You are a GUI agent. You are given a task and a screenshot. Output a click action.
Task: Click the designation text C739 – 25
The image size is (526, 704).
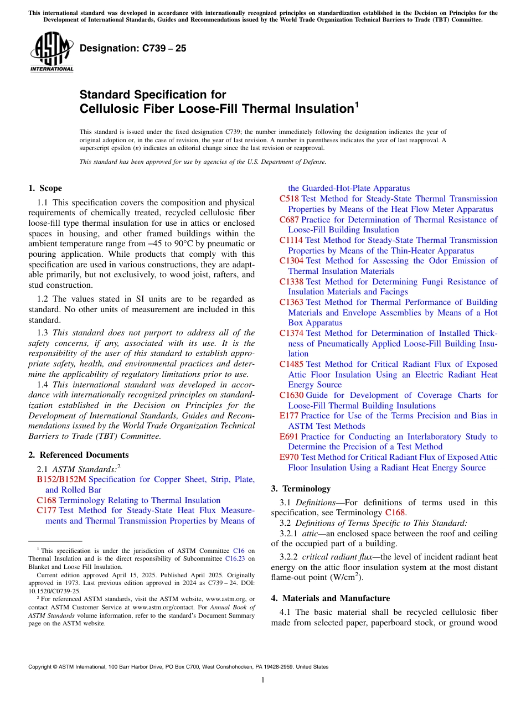[133, 49]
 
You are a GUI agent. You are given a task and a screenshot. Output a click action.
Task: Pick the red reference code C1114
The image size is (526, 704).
[291, 240]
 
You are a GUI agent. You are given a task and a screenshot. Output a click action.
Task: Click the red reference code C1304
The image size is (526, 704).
[291, 261]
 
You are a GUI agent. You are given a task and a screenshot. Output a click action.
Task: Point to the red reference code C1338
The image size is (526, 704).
[291, 282]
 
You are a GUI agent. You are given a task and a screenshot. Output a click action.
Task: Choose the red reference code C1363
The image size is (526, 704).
[291, 302]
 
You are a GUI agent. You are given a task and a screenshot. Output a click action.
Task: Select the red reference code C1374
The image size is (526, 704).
[291, 333]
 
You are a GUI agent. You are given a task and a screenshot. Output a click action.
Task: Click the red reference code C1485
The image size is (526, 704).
[291, 364]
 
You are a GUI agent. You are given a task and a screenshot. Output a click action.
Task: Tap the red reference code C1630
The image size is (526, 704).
[291, 395]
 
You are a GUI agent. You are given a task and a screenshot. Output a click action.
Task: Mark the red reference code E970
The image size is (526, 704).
[289, 457]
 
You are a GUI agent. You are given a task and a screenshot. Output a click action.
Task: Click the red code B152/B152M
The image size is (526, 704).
[61, 479]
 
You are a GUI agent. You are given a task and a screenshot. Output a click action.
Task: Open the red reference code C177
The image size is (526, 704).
[46, 510]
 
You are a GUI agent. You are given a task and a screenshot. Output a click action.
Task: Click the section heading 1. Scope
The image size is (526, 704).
[45, 188]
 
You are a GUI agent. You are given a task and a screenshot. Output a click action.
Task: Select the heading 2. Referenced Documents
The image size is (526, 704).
[78, 455]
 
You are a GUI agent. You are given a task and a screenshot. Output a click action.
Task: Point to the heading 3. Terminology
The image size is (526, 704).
[301, 489]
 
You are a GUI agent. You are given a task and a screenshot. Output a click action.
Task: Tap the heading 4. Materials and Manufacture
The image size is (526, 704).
[330, 598]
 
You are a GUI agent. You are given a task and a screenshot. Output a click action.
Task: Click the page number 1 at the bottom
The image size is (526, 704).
[263, 680]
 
